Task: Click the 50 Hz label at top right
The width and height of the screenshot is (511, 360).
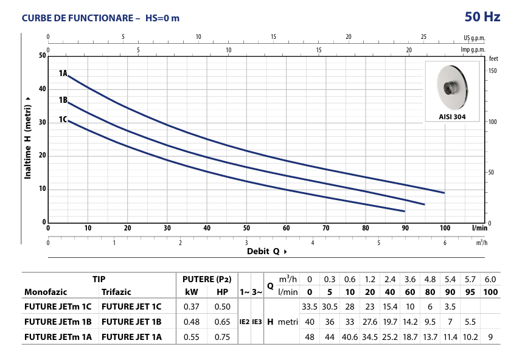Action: pos(483,16)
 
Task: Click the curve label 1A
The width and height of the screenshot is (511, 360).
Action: pos(63,74)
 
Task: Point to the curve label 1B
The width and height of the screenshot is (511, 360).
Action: pos(63,100)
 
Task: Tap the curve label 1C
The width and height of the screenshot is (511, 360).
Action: pos(63,119)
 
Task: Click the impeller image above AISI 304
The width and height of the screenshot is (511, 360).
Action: pos(454,88)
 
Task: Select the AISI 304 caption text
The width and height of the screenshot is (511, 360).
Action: pos(454,116)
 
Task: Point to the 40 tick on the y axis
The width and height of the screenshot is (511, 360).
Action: pos(43,89)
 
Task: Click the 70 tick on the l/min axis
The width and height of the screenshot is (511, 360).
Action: pos(325,228)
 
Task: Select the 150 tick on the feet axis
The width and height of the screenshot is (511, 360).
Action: pos(493,71)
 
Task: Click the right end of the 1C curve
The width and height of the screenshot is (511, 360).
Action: pos(405,211)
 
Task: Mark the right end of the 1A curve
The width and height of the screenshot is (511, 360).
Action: pos(444,193)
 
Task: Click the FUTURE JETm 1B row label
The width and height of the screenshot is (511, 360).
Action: pos(58,321)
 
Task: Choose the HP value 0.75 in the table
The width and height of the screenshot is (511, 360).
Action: pos(222,336)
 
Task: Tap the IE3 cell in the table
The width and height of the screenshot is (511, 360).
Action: pos(257,321)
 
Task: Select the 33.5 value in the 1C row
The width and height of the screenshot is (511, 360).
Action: pos(310,306)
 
